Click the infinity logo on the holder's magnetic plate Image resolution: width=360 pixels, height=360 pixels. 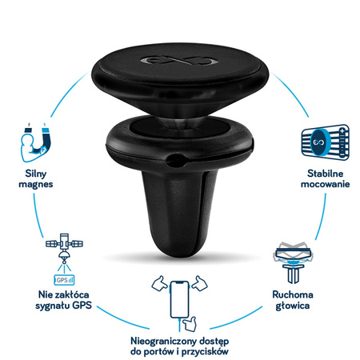[x=179, y=60]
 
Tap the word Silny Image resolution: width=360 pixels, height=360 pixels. [x=36, y=174]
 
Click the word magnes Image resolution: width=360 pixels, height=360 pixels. [x=36, y=185]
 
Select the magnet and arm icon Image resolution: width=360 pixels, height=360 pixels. [x=36, y=142]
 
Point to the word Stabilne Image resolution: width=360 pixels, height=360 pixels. [x=325, y=174]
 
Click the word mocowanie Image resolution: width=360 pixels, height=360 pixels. [x=325, y=184]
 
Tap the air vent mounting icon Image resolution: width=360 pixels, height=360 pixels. [x=326, y=142]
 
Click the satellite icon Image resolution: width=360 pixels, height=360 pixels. [x=64, y=249]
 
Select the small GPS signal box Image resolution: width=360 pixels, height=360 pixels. [x=64, y=280]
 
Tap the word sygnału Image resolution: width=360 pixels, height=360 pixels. [x=53, y=306]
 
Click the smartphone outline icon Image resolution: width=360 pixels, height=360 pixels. [x=180, y=299]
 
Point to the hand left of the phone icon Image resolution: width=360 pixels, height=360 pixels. [x=159, y=283]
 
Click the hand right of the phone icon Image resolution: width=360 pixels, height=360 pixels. [x=199, y=283]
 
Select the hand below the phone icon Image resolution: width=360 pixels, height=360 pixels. [x=190, y=324]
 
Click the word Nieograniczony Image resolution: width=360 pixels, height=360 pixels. [x=163, y=341]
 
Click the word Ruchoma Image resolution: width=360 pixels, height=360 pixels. [x=293, y=294]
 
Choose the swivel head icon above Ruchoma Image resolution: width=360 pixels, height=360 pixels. [x=293, y=262]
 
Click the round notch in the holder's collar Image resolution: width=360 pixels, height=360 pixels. [x=175, y=160]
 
